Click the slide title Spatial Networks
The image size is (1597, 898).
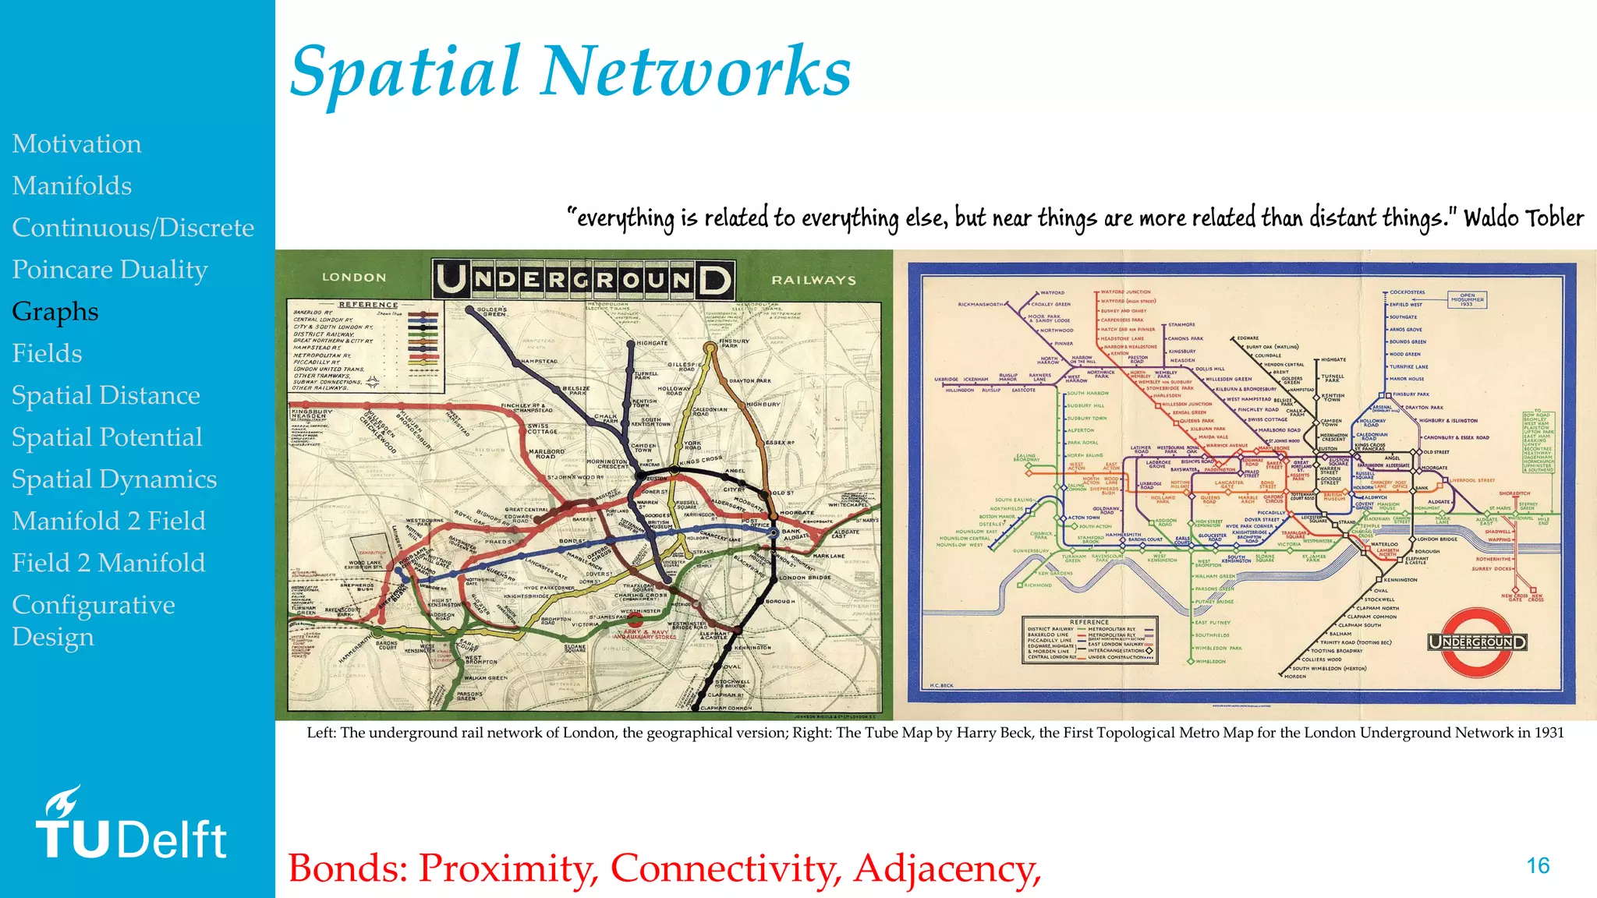[x=570, y=72]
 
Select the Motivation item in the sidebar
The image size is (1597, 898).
[x=76, y=144]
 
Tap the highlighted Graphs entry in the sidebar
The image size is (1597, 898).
[x=55, y=311]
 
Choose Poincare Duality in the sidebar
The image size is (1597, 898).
[x=110, y=270]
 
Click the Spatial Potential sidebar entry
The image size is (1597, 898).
[x=107, y=437]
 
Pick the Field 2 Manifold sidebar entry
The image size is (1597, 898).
[x=108, y=563]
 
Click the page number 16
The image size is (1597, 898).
[x=1538, y=866]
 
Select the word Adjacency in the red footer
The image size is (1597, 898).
[x=947, y=868]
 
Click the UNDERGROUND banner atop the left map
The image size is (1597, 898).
[x=583, y=279]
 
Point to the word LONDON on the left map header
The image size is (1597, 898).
[x=354, y=278]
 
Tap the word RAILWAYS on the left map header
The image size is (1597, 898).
[x=813, y=280]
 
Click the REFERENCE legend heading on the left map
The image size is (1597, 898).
[x=368, y=305]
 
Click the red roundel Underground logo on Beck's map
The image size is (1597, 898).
[x=1477, y=642]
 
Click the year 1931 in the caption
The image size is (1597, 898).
[x=1548, y=733]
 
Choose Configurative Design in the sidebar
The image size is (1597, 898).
[x=94, y=620]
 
